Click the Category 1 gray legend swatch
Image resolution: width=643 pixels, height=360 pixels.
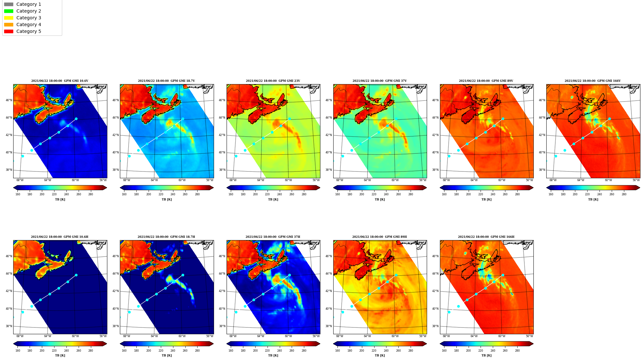pyautogui.click(x=9, y=5)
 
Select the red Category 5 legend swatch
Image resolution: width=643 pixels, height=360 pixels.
pyautogui.click(x=9, y=32)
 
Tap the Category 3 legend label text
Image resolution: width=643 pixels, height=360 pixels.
pyautogui.click(x=29, y=18)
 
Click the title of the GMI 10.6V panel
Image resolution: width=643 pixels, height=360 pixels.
pyautogui.click(x=60, y=81)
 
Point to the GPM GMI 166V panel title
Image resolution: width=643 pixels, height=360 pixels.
pyautogui.click(x=592, y=81)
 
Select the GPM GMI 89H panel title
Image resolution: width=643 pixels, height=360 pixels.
pyautogui.click(x=379, y=237)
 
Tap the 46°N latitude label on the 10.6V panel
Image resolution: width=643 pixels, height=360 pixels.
pyautogui.click(x=9, y=100)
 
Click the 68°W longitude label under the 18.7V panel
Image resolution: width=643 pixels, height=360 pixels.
pyautogui.click(x=127, y=180)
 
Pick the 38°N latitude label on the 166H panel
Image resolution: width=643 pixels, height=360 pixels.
pyautogui.click(x=435, y=326)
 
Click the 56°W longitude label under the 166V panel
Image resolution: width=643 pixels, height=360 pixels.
pyautogui.click(x=636, y=180)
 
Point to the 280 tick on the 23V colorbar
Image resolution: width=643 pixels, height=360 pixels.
pyautogui.click(x=304, y=194)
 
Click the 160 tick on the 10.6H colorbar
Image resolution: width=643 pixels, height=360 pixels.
pyautogui.click(x=18, y=351)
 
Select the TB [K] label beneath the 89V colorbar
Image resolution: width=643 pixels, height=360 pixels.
pyautogui.click(x=486, y=199)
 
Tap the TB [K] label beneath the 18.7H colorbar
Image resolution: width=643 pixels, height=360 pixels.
pyautogui.click(x=167, y=355)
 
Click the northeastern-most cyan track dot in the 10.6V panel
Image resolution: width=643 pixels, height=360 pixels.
pyautogui.click(x=76, y=119)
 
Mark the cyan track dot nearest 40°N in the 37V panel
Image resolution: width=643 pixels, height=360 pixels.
pyautogui.click(x=352, y=151)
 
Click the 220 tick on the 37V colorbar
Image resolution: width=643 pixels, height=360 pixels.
pyautogui.click(x=374, y=194)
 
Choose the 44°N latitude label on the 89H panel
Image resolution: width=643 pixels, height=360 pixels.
pyautogui.click(x=329, y=274)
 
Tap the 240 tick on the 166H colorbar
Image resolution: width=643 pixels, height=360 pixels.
pyautogui.click(x=493, y=351)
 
